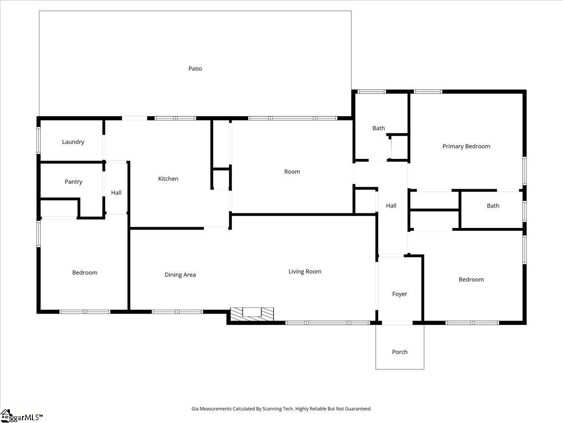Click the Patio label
tap(195, 69)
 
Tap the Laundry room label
tap(73, 142)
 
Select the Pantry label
tap(74, 182)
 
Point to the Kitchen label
tap(168, 179)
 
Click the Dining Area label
tap(180, 275)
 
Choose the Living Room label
tap(305, 272)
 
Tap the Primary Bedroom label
tap(466, 146)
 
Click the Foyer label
tap(400, 294)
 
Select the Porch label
tap(400, 352)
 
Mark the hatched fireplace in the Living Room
tap(252, 313)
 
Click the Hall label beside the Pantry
tap(116, 193)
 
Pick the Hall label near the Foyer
tap(391, 205)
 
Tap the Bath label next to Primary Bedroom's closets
tap(493, 206)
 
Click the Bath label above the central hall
tap(379, 128)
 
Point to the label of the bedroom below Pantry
tap(85, 273)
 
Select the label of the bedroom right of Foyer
tap(471, 280)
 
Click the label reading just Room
tap(292, 172)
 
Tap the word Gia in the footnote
tap(195, 409)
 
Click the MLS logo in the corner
tap(21, 416)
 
